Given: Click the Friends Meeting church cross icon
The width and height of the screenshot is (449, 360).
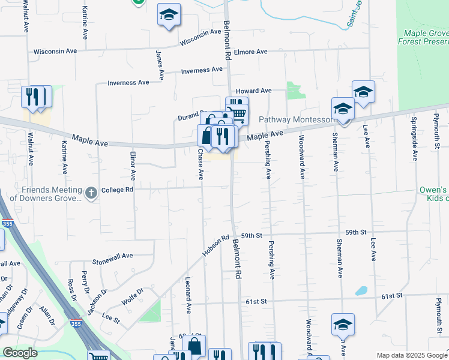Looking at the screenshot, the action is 91,193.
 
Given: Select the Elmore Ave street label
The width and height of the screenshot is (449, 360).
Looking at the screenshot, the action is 250,52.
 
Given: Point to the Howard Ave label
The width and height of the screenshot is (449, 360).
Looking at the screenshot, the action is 253,91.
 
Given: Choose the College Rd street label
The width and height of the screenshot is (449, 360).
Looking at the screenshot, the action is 116,190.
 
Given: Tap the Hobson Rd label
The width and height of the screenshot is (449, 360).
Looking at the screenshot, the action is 216,245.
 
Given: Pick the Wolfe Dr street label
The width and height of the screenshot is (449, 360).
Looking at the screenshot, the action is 133,295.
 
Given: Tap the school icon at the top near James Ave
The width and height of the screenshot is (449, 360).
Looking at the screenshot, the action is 169,14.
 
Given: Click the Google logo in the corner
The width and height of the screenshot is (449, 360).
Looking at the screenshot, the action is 20,353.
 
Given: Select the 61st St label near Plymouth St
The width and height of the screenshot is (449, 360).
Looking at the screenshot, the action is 392,296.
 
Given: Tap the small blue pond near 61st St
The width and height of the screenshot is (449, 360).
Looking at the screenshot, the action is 361,290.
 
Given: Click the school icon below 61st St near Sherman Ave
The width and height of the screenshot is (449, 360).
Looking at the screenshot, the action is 343,325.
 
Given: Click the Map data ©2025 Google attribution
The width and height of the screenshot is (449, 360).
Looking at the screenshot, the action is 411,355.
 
